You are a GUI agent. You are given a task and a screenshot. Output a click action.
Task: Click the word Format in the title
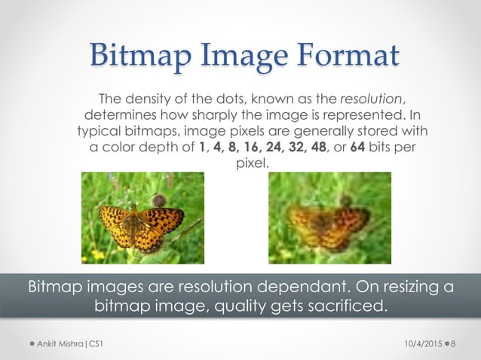coord(343,57)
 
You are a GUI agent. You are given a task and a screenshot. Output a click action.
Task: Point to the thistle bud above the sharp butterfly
coord(159,200)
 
